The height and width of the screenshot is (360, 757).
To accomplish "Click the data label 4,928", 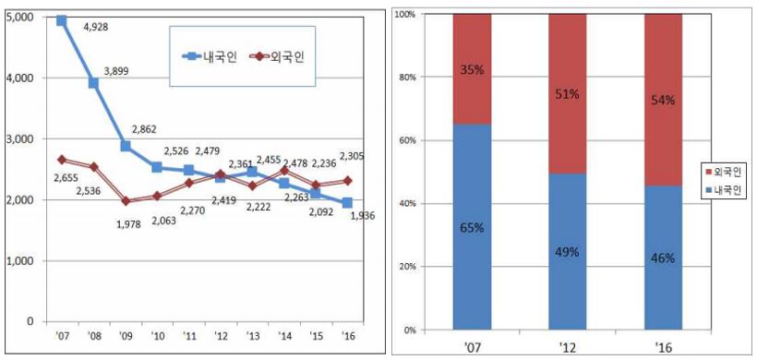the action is click(x=96, y=27).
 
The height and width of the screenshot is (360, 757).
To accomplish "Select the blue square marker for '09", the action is click(x=126, y=146).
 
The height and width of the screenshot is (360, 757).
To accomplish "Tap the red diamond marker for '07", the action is click(x=61, y=160).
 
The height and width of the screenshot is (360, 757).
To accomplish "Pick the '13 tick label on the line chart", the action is click(x=252, y=336).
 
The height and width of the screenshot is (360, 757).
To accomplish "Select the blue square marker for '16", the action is click(x=347, y=203).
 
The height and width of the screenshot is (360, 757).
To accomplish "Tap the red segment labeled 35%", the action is click(x=472, y=69).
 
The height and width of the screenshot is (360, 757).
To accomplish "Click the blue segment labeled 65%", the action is click(x=472, y=227).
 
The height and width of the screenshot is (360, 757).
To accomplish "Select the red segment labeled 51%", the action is click(x=567, y=94).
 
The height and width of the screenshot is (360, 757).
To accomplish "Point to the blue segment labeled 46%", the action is click(x=663, y=258).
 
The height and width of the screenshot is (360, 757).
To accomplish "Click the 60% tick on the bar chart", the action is click(x=409, y=140).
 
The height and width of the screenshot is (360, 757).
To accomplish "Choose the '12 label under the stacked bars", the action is click(x=568, y=347).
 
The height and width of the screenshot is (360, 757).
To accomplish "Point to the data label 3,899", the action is click(x=117, y=71).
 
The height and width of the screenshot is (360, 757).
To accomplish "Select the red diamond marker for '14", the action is click(x=284, y=171).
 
